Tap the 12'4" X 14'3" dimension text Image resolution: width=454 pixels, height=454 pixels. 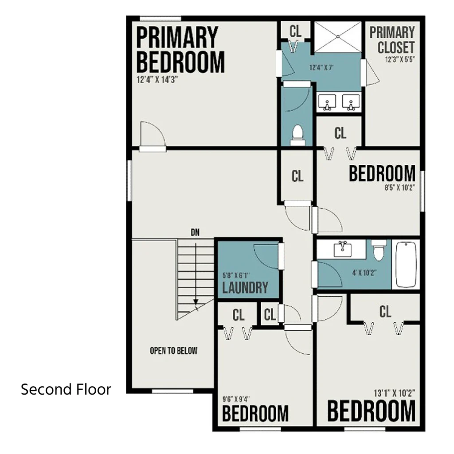[x=157, y=80]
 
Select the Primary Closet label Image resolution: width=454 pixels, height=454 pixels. [x=393, y=40]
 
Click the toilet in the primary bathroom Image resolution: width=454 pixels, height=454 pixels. [x=297, y=135]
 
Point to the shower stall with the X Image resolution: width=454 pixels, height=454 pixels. [x=338, y=37]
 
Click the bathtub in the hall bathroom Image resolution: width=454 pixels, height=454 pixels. [x=406, y=264]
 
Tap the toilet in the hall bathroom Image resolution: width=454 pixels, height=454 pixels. [x=379, y=250]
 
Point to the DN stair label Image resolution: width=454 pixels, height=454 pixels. [x=195, y=232]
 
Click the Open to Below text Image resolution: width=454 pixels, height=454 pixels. [x=173, y=351]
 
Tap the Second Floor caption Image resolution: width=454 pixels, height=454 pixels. [x=66, y=389]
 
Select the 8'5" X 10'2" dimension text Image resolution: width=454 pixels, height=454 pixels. [x=400, y=188]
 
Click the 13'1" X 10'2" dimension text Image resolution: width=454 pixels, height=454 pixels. [x=394, y=393]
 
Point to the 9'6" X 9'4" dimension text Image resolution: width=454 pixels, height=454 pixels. [x=236, y=399]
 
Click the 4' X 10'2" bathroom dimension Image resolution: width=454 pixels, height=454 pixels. [x=364, y=273]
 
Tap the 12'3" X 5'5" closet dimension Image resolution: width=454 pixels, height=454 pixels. [x=400, y=60]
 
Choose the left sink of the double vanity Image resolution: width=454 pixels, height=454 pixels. [x=327, y=103]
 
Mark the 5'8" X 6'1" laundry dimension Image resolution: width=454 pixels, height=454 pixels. [x=236, y=275]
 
